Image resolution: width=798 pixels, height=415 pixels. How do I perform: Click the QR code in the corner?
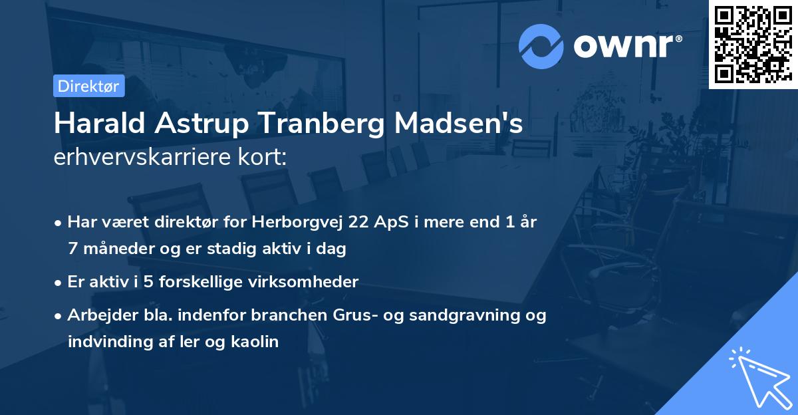pyautogui.click(x=753, y=45)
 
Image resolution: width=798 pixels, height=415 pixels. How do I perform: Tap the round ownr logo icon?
pyautogui.click(x=541, y=47)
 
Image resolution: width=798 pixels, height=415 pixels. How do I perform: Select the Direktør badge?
pyautogui.click(x=88, y=86)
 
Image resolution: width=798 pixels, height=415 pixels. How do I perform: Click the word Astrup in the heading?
pyautogui.click(x=180, y=124)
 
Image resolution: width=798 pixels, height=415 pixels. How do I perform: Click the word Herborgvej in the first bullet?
pyautogui.click(x=299, y=222)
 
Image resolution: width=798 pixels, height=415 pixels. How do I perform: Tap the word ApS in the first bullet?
pyautogui.click(x=391, y=223)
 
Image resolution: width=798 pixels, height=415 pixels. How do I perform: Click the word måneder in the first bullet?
pyautogui.click(x=110, y=249)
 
